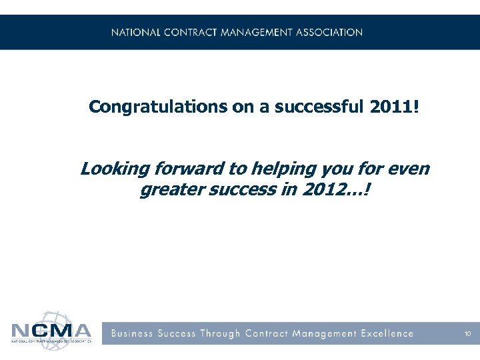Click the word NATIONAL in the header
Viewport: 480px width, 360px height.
[x=135, y=32]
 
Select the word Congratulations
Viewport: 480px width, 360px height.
[x=158, y=107]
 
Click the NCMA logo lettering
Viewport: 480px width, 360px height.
[x=51, y=331]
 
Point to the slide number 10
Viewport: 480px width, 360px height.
[x=468, y=333]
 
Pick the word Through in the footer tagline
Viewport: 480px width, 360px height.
[x=219, y=333]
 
